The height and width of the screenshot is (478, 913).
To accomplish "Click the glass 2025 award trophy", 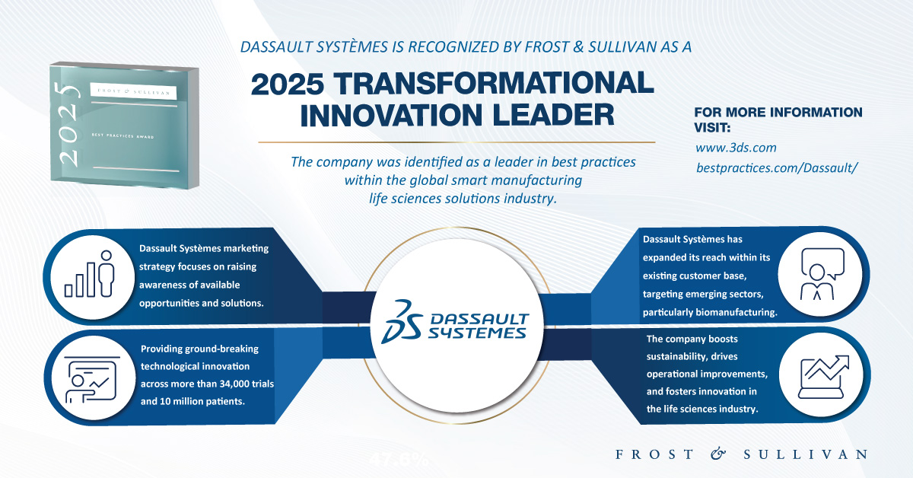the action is [x=124, y=125].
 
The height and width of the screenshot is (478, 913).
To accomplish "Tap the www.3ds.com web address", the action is [x=736, y=148].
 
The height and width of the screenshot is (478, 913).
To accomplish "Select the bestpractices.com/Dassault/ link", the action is [x=777, y=167].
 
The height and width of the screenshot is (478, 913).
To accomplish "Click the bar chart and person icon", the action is [x=90, y=274].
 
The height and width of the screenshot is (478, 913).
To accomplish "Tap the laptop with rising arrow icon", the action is [x=823, y=377].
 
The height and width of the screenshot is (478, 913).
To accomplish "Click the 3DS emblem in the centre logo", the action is [x=402, y=321].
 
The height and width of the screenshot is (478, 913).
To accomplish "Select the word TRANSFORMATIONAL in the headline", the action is [x=494, y=84].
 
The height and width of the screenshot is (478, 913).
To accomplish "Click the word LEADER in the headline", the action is [x=553, y=115].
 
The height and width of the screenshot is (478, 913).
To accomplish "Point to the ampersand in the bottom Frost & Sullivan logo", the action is [x=718, y=454].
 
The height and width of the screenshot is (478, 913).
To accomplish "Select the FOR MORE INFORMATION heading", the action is [x=778, y=112].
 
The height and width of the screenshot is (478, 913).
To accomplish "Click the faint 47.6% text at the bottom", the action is [x=399, y=460].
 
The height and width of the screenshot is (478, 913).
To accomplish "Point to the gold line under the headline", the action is [x=456, y=142].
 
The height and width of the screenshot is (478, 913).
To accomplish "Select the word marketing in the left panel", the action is [x=246, y=249].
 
